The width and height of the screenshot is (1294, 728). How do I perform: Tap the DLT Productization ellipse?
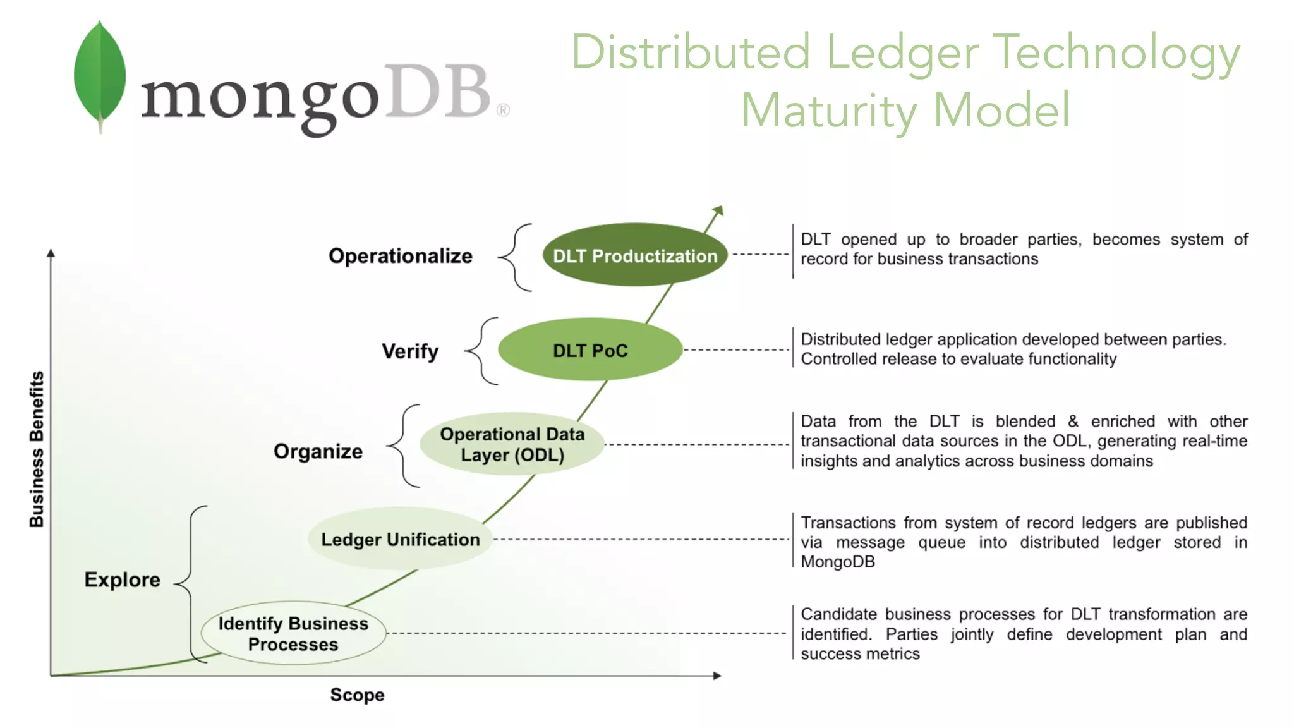pyautogui.click(x=634, y=255)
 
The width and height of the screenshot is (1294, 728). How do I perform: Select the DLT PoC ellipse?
pyautogui.click(x=590, y=349)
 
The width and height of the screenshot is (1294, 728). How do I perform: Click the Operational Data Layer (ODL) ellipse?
pyautogui.click(x=512, y=444)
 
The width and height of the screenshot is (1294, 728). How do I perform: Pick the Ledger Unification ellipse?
pyautogui.click(x=400, y=539)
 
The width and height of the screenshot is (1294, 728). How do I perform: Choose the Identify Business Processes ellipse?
pyautogui.click(x=293, y=633)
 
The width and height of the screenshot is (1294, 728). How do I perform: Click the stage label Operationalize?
pyautogui.click(x=400, y=255)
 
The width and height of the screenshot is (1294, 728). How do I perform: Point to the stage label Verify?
pyautogui.click(x=410, y=351)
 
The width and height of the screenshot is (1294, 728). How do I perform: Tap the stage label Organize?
pyautogui.click(x=318, y=451)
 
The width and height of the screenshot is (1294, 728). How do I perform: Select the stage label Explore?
pyautogui.click(x=122, y=579)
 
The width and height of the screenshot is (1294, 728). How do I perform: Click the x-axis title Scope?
pyautogui.click(x=357, y=695)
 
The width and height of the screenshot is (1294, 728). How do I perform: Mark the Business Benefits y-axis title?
pyautogui.click(x=37, y=449)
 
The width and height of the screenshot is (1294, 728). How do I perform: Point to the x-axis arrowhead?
pyautogui.click(x=717, y=676)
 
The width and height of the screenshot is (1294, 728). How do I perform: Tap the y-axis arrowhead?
pyautogui.click(x=51, y=253)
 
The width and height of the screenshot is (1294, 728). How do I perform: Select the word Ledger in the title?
pyautogui.click(x=902, y=53)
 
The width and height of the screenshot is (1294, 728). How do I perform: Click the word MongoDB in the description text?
pyautogui.click(x=838, y=562)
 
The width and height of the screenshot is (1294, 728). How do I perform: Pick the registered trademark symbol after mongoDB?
pyautogui.click(x=503, y=111)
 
